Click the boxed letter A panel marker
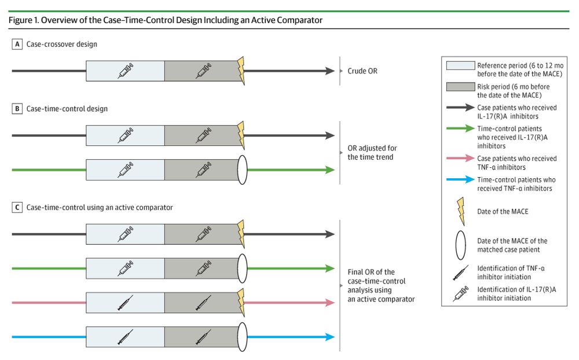pos(17,43)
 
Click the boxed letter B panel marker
pos(17,108)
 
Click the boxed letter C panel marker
pos(17,207)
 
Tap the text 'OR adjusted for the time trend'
pos(372,153)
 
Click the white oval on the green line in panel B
pos(241,170)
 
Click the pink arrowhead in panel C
pos(331,302)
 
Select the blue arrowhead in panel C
pos(331,336)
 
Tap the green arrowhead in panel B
pos(331,170)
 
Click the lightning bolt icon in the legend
pos(461,211)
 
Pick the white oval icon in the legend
pos(461,245)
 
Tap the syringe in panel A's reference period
pos(126,71)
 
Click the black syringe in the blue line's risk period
pos(203,336)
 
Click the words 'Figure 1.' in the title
pos(24,20)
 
